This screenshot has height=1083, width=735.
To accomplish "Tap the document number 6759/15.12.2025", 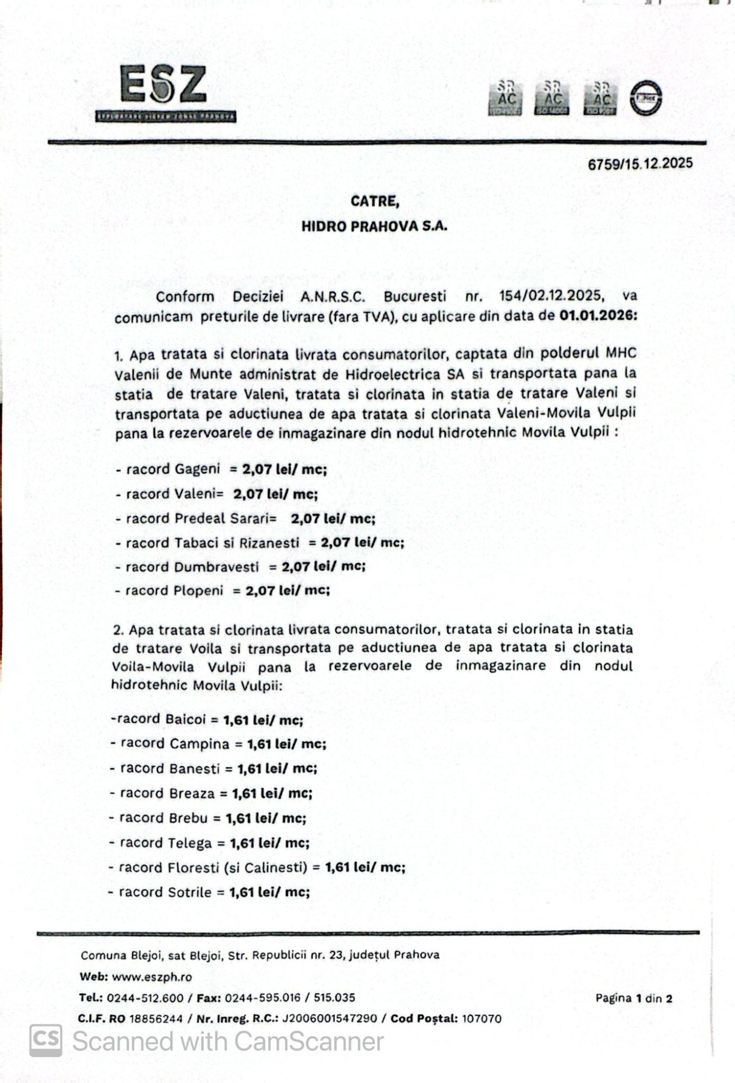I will (640, 164).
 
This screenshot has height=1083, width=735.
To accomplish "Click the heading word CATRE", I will (375, 201).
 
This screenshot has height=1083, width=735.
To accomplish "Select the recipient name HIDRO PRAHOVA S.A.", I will (374, 226).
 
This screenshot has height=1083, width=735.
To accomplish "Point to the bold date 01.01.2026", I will (598, 315).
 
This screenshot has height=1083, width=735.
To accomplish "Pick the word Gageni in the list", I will (197, 469).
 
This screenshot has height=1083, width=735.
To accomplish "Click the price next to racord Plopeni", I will (288, 591).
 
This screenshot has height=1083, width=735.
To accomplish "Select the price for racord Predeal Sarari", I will (333, 519).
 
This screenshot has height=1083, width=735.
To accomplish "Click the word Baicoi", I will (186, 720).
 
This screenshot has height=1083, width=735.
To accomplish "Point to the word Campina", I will (199, 744).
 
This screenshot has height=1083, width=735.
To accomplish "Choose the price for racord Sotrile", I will (269, 892).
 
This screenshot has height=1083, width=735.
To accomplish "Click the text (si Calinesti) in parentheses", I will (266, 867).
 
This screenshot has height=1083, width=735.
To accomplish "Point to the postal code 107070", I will (482, 1019).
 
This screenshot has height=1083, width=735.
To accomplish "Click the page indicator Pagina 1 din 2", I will (634, 999).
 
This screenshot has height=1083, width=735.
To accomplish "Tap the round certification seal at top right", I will (645, 98).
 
